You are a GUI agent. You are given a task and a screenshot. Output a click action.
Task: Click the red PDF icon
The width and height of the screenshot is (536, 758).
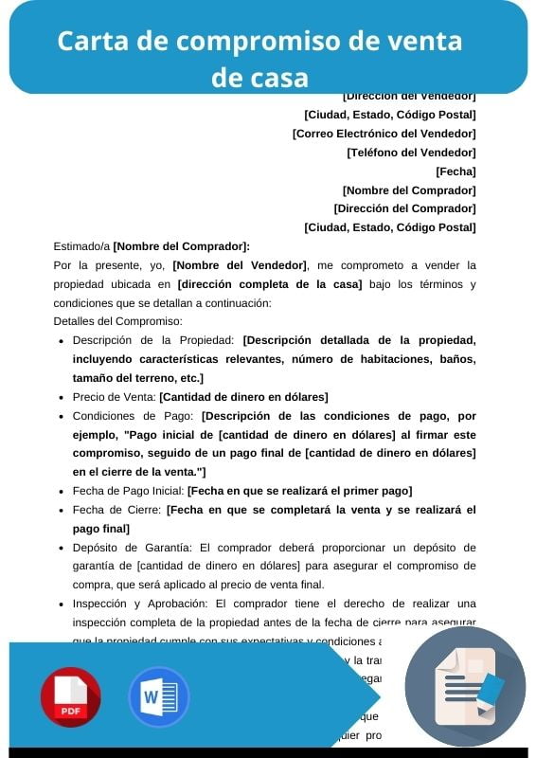pos(70,696)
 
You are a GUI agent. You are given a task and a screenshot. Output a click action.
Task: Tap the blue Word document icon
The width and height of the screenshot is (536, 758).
pos(158,696)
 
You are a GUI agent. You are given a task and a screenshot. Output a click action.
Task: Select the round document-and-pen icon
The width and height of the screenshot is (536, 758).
pos(465,687)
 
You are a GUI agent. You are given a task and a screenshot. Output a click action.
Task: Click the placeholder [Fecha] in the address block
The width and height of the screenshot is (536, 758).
pos(456,171)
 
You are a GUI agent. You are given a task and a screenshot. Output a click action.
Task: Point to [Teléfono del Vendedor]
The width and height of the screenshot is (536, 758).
pos(411,153)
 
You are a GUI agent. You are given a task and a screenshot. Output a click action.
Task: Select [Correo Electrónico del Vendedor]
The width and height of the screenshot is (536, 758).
pos(384,134)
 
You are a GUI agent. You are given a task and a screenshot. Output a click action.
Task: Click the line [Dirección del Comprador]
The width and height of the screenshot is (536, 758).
pos(404,208)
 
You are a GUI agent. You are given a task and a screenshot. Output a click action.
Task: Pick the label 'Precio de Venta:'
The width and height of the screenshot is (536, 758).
pos(115,397)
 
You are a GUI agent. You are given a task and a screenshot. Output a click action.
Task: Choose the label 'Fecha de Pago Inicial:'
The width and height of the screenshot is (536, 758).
pos(129,491)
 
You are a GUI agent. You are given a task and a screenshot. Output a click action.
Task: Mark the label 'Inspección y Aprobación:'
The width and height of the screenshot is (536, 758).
pos(142,604)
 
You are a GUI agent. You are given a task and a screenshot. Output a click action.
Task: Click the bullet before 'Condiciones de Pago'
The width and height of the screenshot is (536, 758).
pos(61,416)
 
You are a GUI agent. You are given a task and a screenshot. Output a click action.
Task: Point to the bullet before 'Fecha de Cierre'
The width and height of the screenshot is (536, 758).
pos(61,510)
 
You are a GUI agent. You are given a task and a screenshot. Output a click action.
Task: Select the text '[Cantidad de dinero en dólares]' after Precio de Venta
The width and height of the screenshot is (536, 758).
pos(243,397)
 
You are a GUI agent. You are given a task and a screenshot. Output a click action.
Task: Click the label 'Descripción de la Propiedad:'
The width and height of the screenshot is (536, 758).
pos(153,340)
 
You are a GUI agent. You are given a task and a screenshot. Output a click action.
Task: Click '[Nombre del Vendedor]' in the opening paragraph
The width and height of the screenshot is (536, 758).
pos(240,265)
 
